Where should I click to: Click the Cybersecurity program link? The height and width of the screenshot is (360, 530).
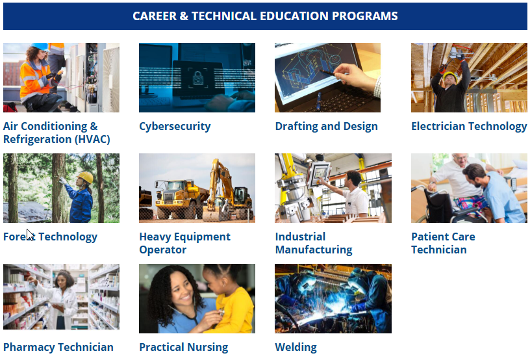point(175,126)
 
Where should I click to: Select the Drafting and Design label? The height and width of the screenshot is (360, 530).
point(326,126)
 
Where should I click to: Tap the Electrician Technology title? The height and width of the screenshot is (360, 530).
point(468,126)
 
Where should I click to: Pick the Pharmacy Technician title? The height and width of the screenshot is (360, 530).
point(58,347)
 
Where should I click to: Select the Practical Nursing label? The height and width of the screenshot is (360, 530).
point(183,347)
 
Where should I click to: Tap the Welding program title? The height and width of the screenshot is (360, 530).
point(296,347)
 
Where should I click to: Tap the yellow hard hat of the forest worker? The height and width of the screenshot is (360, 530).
point(85,177)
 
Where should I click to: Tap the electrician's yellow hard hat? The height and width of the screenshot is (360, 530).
point(449,75)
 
